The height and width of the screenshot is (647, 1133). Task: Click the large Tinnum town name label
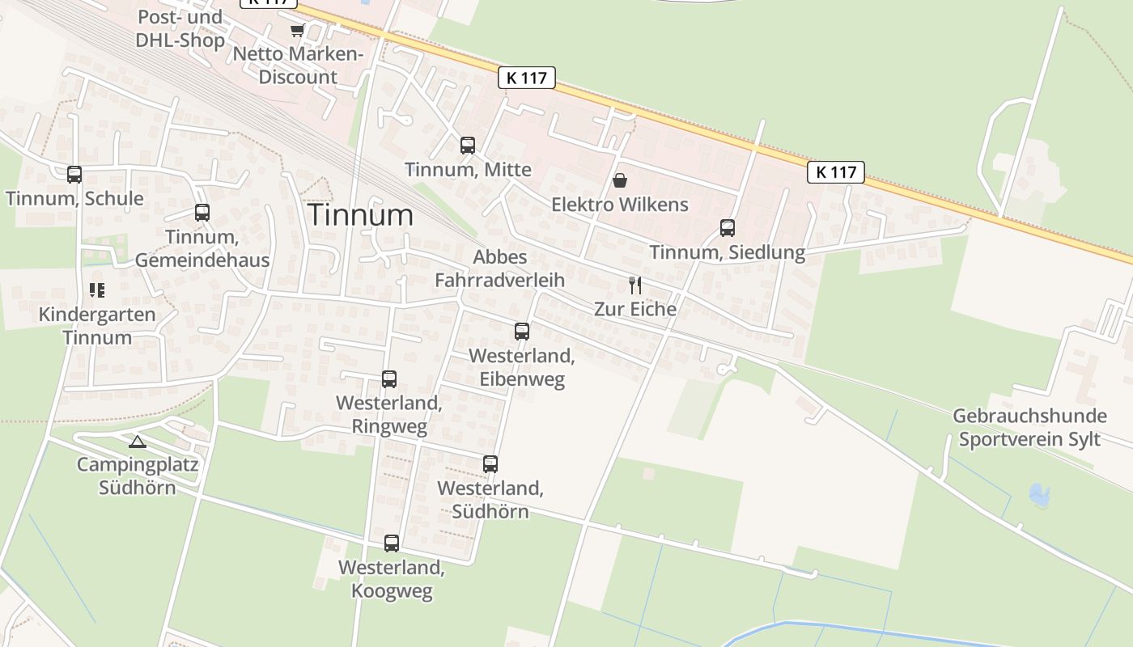360,215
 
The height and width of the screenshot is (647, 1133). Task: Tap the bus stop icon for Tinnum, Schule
74,174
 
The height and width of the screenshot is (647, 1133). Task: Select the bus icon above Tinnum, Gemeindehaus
202,213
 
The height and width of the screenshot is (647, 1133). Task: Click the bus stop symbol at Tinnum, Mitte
468,146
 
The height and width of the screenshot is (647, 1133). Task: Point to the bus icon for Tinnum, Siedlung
728,228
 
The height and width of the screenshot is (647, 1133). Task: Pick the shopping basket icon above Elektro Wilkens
620,180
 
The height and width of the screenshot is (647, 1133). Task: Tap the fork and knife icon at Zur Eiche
635,285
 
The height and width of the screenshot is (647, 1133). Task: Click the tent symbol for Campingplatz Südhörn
138,442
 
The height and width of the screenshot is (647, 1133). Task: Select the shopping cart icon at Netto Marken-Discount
297,31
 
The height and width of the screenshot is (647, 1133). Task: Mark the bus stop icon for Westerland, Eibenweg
522,331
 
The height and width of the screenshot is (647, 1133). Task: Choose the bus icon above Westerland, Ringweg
389,378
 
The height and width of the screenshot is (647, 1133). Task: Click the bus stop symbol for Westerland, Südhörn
490,463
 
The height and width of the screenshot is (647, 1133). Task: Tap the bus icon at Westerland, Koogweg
392,543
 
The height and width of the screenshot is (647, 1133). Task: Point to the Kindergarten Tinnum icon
97,290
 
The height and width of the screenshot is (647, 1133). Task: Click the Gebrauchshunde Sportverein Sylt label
1029,427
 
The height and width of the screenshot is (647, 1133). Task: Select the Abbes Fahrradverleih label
499,269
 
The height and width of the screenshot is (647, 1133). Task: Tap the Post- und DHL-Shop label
180,28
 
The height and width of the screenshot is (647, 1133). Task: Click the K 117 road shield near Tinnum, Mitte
527,78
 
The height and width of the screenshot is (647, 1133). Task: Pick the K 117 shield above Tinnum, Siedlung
836,171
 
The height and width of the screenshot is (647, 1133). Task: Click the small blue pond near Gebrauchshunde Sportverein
1038,494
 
